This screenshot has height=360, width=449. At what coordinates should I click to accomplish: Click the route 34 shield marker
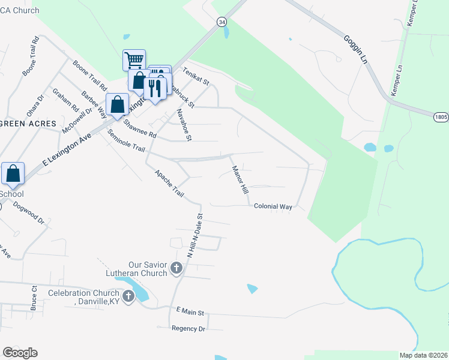point(222,21)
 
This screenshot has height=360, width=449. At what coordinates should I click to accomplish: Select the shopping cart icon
point(134,60)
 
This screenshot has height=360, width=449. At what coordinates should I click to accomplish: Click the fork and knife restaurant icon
point(155,88)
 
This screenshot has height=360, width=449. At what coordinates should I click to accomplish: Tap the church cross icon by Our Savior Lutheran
point(176,268)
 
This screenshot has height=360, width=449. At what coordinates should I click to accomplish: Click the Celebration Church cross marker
point(128,296)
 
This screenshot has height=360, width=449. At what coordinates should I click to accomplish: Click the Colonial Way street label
point(273,206)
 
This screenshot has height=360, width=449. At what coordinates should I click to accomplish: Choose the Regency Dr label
point(188,328)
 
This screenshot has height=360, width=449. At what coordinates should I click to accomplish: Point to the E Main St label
point(191,313)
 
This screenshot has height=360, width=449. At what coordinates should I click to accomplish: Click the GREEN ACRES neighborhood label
point(28,123)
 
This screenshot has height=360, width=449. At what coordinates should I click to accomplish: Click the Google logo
point(20,353)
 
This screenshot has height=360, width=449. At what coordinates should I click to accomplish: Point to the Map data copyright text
point(423,355)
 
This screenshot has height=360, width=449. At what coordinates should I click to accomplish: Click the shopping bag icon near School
point(13,173)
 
